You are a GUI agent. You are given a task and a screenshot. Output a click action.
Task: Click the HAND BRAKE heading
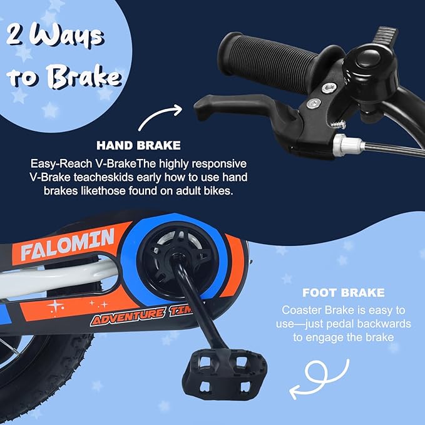pos(138,146)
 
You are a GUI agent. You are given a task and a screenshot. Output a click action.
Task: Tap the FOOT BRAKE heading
pos(344,293)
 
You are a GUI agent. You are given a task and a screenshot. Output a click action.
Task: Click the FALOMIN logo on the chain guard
pos(67,244)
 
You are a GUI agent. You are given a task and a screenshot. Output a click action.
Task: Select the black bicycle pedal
pos(225,374)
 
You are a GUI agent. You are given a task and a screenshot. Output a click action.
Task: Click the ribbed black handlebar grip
pos(269,63)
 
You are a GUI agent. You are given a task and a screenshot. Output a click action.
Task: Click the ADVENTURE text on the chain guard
pos(128,315)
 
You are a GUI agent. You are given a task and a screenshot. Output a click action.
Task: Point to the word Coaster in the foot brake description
pos(300,310)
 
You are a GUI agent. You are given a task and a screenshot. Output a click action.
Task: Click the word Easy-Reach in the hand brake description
pos(61,164)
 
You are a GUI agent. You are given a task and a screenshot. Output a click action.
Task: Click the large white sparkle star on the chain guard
pos(55,306)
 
